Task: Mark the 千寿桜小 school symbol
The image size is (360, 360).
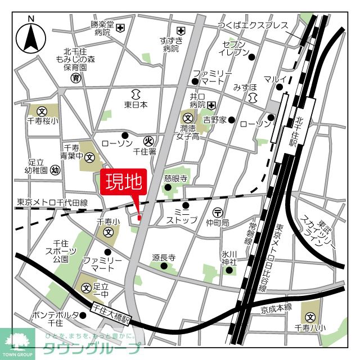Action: tap(42, 111)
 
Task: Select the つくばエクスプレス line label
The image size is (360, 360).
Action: tap(253, 26)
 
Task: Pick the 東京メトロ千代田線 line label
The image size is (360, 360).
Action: tap(52, 202)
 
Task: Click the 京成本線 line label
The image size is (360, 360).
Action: tap(276, 307)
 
